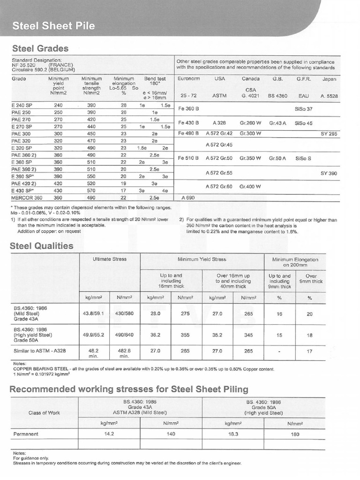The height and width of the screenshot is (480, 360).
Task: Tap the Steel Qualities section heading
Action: coord(42,245)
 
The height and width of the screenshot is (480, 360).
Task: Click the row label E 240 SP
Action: coord(22,106)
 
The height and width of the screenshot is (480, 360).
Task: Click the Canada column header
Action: coord(250,79)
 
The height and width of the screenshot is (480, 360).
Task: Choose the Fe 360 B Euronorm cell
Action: coord(189,109)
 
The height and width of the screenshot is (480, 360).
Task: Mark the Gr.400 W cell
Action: coord(250,187)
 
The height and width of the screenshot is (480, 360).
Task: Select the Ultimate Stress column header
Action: coord(109,259)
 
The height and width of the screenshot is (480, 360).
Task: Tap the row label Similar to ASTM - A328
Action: coord(42,350)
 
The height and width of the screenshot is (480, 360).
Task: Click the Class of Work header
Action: coord(44,412)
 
